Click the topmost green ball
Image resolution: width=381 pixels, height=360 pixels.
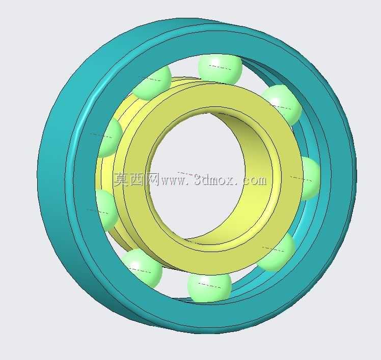tap(220, 69)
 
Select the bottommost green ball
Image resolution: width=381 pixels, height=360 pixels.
tap(209, 287)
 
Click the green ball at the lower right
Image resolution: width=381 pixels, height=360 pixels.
tap(277, 252)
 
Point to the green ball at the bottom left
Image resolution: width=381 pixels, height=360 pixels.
tap(142, 268)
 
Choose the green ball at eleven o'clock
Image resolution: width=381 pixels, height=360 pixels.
tap(152, 82)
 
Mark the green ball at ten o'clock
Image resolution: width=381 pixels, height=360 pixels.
tap(110, 137)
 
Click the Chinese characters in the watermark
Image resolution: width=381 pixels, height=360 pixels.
tap(137, 179)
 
